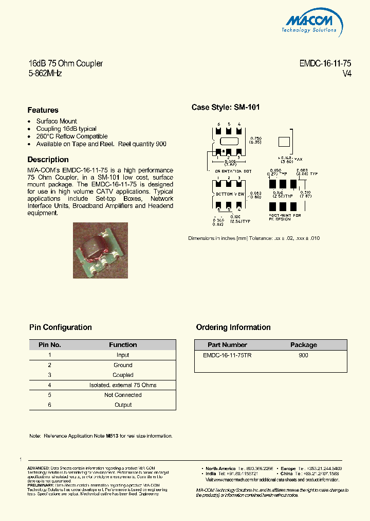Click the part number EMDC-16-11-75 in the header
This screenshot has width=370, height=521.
(325, 63)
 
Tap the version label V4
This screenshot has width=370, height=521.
(347, 74)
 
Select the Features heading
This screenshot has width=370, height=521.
(43, 110)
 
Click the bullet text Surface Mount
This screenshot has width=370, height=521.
(57, 121)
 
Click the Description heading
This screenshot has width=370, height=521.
(48, 160)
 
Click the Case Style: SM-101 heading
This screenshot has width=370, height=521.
(226, 108)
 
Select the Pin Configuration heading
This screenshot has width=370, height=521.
(60, 327)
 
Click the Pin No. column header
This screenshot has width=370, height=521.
(49, 345)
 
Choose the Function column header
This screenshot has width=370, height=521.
(123, 345)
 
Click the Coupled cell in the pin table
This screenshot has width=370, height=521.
(123, 375)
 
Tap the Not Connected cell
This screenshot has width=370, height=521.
(123, 395)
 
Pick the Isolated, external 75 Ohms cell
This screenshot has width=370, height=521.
(123, 385)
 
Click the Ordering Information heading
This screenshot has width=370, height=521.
(233, 327)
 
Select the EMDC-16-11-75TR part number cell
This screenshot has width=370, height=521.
(227, 356)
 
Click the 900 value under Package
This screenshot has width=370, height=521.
(303, 356)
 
